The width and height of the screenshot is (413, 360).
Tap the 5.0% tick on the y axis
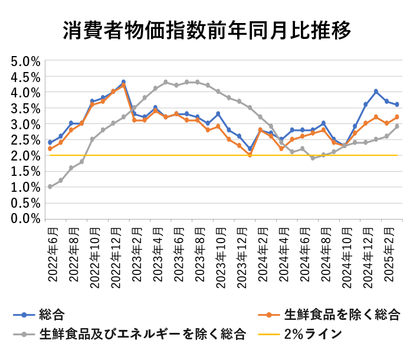(x=25, y=61)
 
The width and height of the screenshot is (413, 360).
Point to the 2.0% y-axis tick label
(x=25, y=155)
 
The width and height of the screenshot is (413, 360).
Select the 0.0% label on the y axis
(x=25, y=218)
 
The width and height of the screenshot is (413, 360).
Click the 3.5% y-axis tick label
(x=25, y=108)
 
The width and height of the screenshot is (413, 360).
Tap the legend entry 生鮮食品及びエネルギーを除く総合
(x=142, y=334)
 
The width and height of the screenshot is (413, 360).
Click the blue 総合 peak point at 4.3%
(x=123, y=82)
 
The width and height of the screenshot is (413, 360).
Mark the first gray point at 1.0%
(x=50, y=186)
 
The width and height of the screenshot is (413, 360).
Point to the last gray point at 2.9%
(x=397, y=126)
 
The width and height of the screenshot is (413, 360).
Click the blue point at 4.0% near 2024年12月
(x=376, y=91)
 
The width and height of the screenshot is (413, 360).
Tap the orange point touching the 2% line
(x=250, y=155)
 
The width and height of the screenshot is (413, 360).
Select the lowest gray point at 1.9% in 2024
(x=313, y=158)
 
